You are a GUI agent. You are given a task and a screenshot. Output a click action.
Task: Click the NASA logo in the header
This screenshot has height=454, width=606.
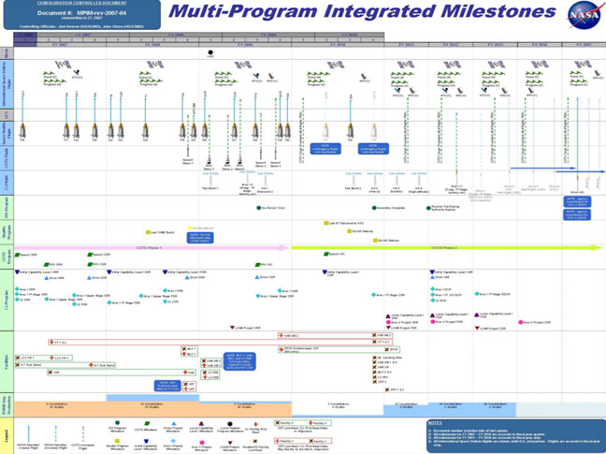tap(580, 13)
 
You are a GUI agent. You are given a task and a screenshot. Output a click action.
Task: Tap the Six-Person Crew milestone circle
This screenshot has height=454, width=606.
tap(261, 208)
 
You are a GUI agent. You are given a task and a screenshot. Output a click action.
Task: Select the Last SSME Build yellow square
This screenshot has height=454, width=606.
tap(148, 232)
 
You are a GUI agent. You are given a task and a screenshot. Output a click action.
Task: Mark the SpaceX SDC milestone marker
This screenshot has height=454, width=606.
tap(328, 254)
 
